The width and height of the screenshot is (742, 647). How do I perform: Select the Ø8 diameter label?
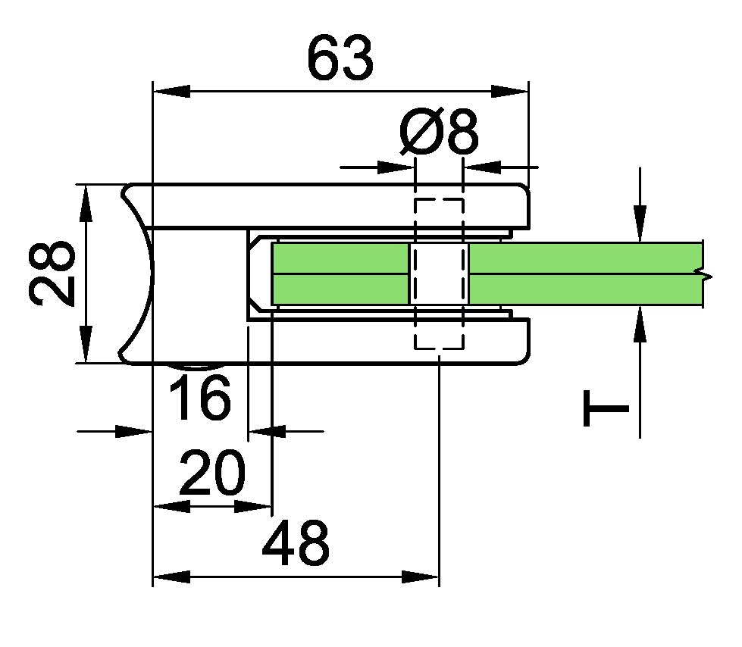pyautogui.click(x=439, y=132)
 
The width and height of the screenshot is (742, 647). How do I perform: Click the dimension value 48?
pyautogui.click(x=296, y=542)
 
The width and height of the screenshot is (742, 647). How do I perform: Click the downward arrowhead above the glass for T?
pyautogui.click(x=641, y=223)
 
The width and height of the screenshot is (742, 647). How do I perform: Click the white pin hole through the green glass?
pyautogui.click(x=439, y=273)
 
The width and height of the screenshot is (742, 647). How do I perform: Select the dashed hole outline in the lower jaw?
pyautogui.click(x=439, y=333)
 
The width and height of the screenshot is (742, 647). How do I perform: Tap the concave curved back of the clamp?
pyautogui.click(x=144, y=273)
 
